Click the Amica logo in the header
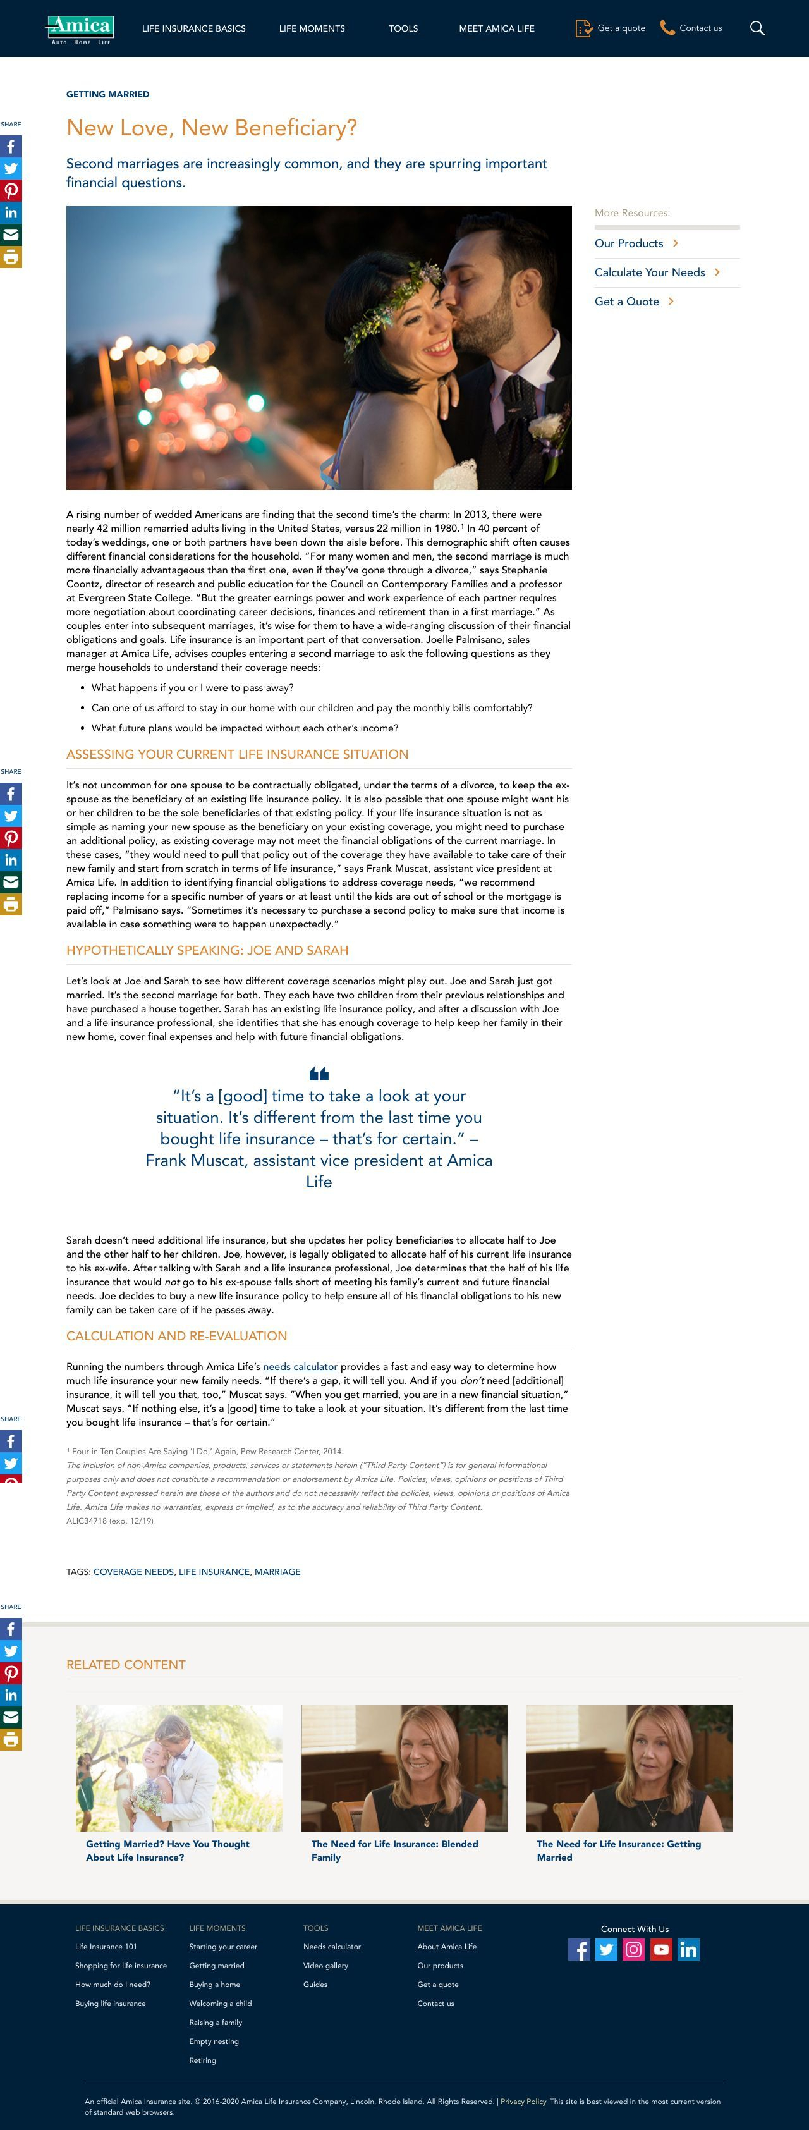click(x=80, y=28)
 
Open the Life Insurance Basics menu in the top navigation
click(x=193, y=28)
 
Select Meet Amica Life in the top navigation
click(x=497, y=28)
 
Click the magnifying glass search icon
click(x=757, y=28)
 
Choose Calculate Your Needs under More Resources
click(x=650, y=272)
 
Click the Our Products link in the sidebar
click(x=629, y=243)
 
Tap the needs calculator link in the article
click(x=300, y=1366)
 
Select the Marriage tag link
click(x=277, y=1571)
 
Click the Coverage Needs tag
click(x=134, y=1571)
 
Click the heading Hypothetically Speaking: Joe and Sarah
click(x=207, y=950)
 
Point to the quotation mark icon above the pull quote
click(x=319, y=1074)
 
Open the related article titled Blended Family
click(x=394, y=1850)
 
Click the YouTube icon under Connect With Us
click(x=661, y=1949)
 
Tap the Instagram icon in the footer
click(x=634, y=1949)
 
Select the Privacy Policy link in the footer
click(x=523, y=2100)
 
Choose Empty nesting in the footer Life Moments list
click(x=214, y=2041)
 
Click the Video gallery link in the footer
click(x=325, y=1966)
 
